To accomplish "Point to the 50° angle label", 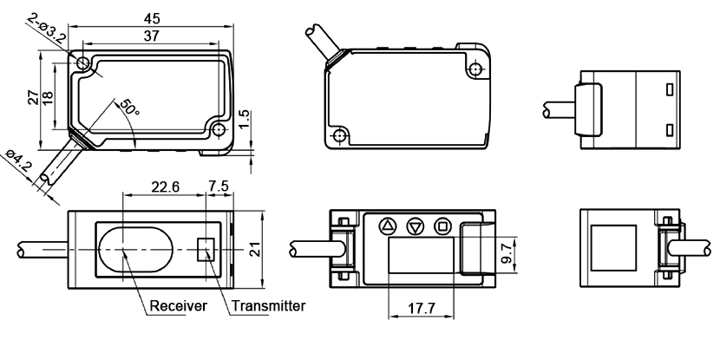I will point(130,108).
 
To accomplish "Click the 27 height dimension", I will point(32,96).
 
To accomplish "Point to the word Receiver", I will point(178,306).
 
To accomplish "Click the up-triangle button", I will point(388,225).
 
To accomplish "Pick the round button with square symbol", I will point(442,225).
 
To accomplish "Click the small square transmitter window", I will point(206,249).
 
